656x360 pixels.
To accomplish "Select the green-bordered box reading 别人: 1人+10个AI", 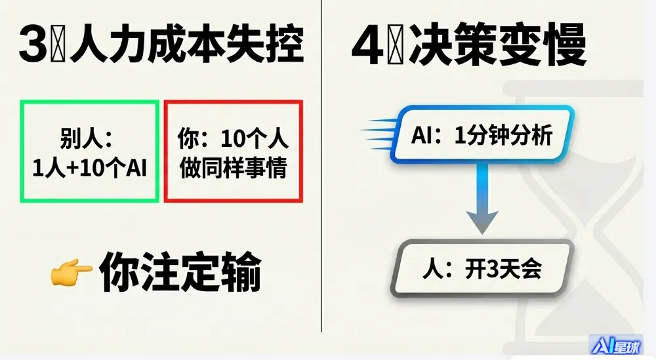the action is (89, 151).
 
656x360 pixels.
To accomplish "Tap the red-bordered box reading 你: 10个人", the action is (233, 151).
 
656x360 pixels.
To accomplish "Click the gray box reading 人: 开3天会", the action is (482, 270).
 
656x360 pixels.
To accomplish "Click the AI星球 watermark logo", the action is (616, 346).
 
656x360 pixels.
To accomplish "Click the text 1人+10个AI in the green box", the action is (89, 169).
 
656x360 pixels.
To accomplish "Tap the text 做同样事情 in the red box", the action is (233, 169).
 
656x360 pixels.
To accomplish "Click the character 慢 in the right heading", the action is (564, 47).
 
